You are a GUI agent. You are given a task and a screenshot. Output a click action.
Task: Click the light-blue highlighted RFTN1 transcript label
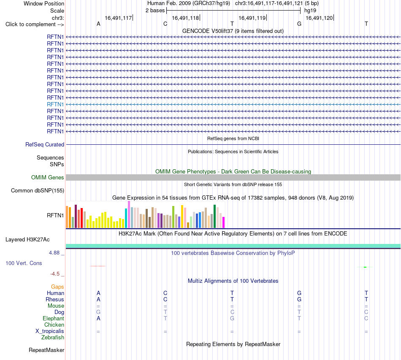coord(55,104)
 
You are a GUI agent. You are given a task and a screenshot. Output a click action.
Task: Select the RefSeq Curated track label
coord(45,144)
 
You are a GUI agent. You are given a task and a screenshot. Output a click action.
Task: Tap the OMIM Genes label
coord(48,177)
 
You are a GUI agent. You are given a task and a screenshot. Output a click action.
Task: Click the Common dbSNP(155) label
coord(38,190)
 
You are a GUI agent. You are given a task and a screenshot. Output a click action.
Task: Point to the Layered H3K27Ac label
coord(27,240)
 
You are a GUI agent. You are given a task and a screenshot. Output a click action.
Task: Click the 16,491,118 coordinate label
coord(185,18)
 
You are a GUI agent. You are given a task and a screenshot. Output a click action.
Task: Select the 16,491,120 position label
coord(320,18)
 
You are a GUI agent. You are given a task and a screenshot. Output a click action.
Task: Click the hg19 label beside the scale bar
coord(310,11)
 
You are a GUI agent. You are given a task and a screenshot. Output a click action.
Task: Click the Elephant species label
coord(54,318)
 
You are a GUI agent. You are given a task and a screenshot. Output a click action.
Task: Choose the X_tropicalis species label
coord(50,331)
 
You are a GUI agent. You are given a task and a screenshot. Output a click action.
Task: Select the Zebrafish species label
coord(53,338)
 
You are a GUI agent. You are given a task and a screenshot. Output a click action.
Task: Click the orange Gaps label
coord(57,287)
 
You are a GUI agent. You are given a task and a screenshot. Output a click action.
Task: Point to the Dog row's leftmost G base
coord(98,312)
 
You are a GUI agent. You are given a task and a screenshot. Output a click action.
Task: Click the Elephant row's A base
coord(98,319)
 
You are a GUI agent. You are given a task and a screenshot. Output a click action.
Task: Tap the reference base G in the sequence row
coord(299,24)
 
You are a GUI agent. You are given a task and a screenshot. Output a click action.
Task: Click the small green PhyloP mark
coord(365,267)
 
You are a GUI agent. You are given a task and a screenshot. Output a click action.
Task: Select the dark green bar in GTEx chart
coord(214,217)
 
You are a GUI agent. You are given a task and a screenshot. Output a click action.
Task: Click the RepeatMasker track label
coord(46,350)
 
